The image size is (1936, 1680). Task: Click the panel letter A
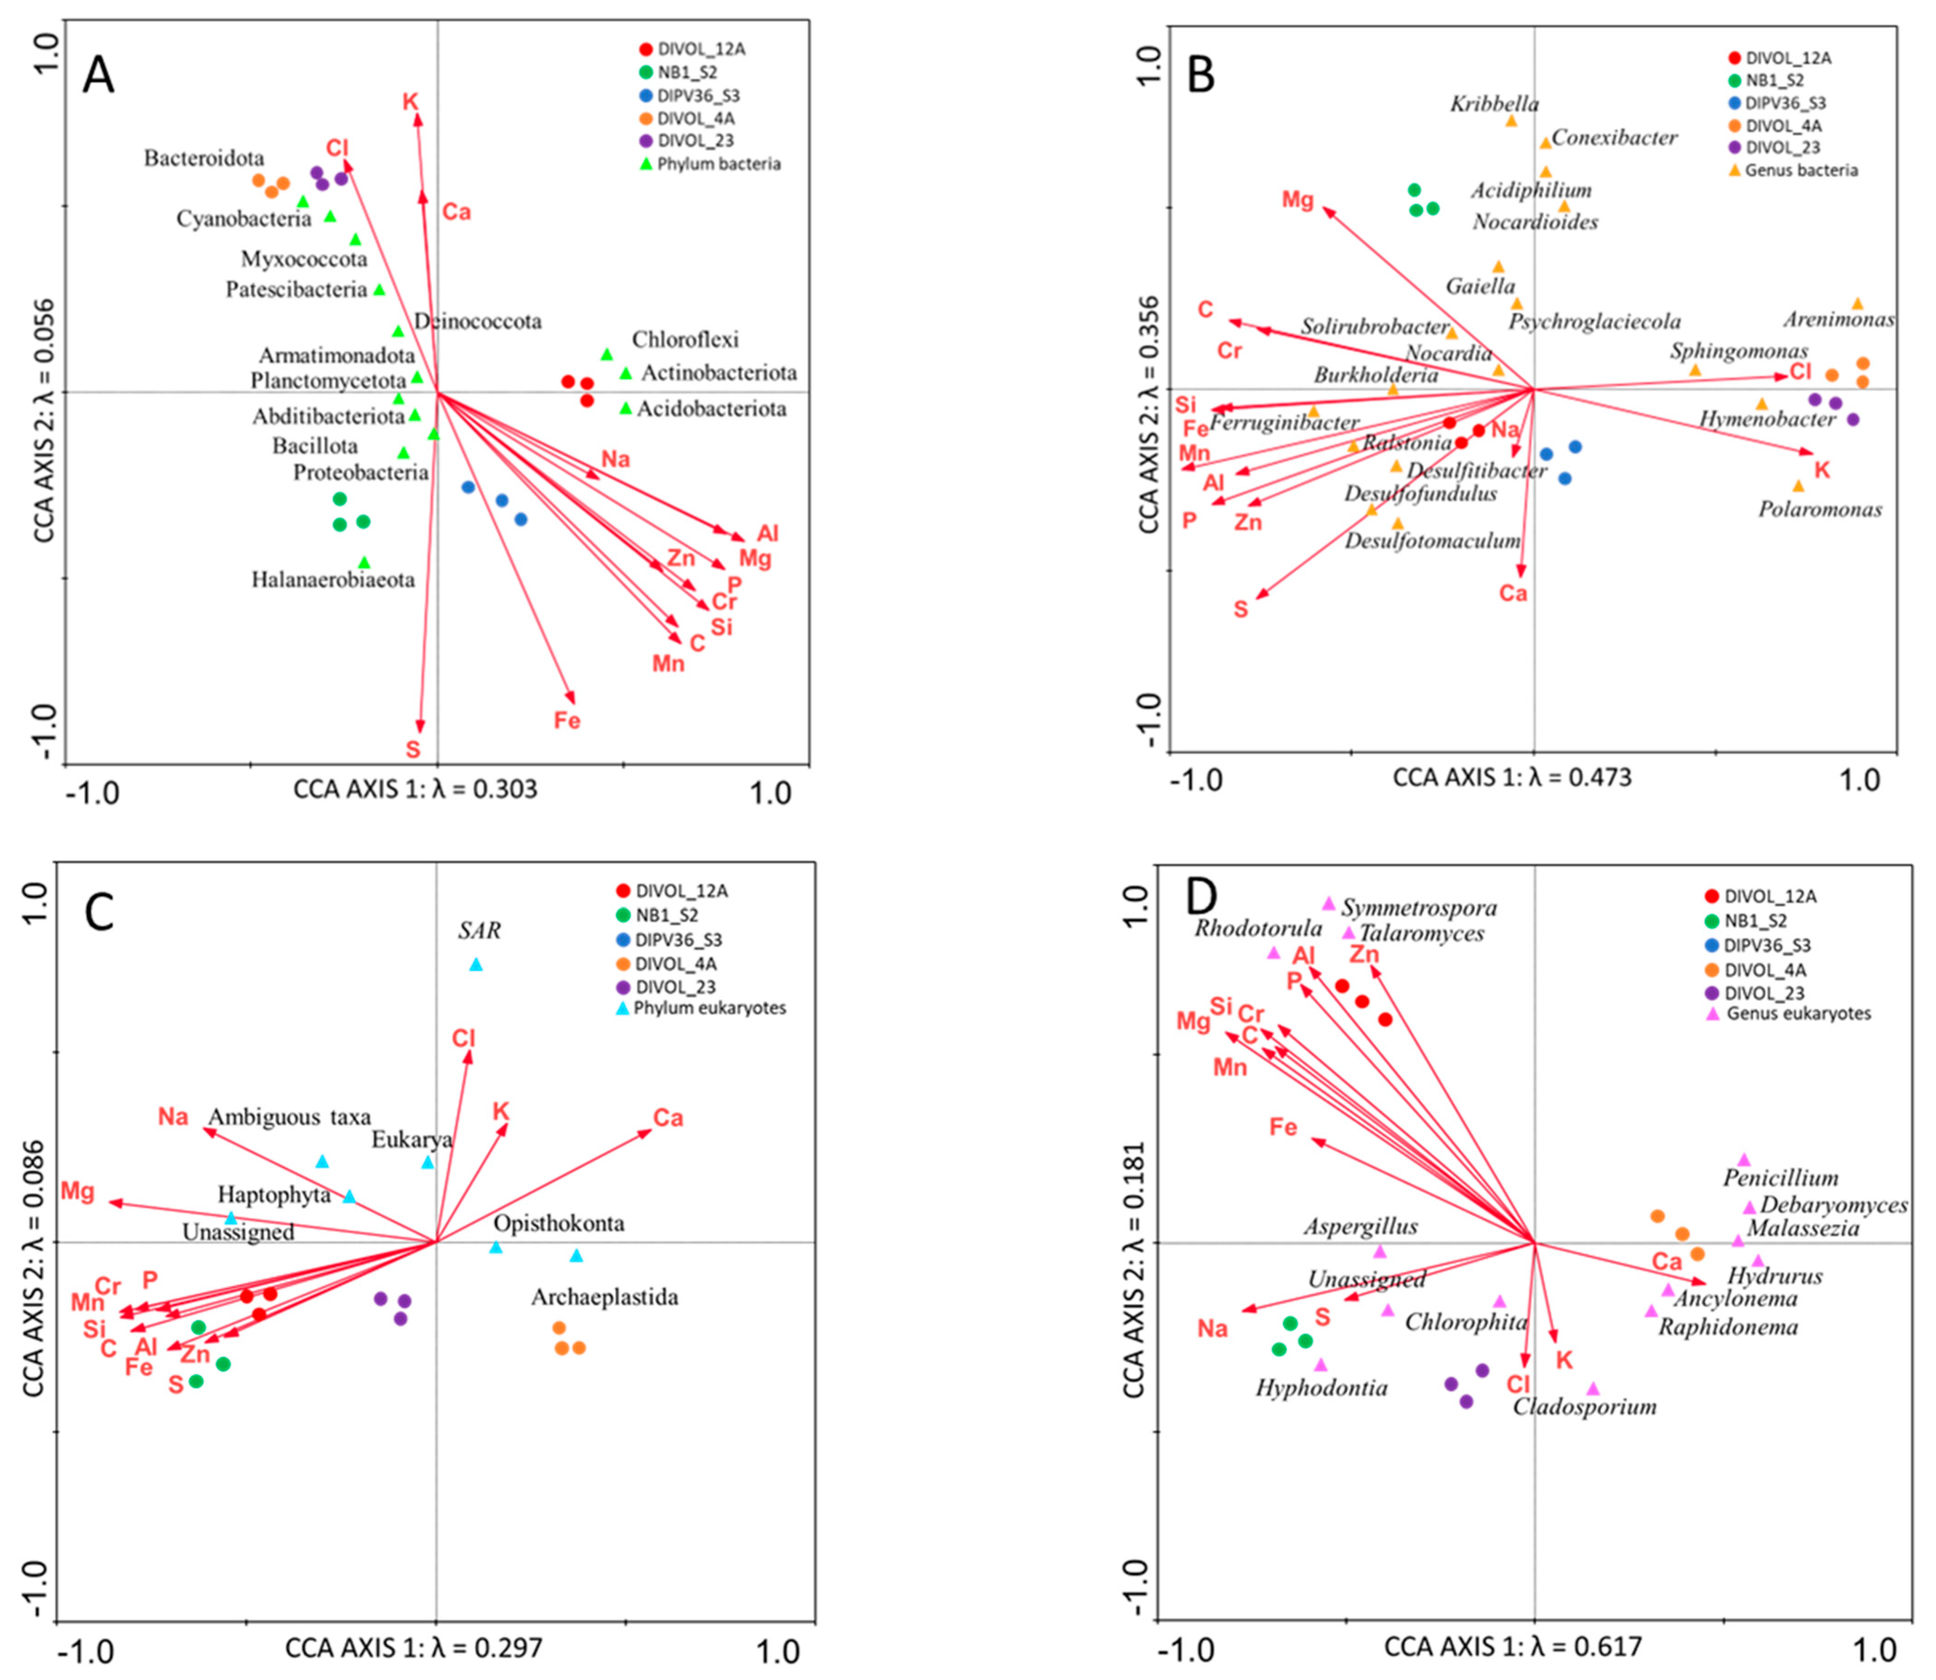(98, 75)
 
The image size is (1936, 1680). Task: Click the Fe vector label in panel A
(566, 720)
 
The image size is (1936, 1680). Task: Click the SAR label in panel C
(479, 931)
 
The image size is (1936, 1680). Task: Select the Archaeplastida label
(605, 1297)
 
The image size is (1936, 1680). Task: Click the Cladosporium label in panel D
(1585, 1406)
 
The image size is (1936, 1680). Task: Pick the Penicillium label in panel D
(1780, 1178)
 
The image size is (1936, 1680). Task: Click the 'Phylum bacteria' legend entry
(718, 164)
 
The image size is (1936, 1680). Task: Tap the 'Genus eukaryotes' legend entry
(1798, 1013)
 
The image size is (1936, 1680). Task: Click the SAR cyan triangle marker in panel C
(476, 965)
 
